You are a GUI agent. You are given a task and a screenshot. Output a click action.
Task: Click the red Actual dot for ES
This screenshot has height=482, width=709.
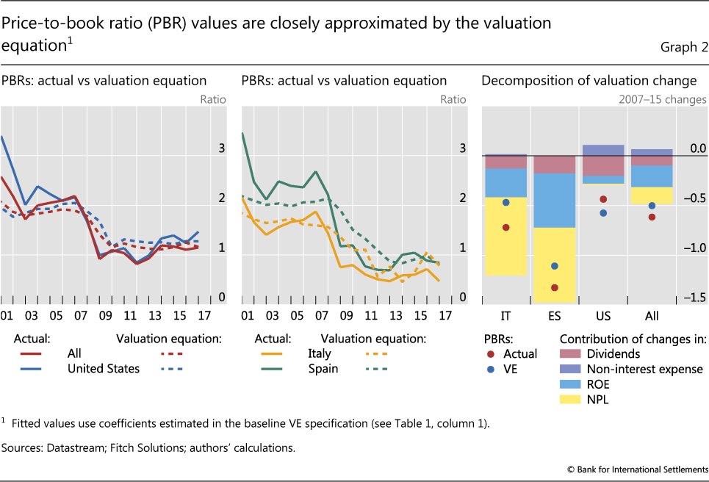pyautogui.click(x=555, y=287)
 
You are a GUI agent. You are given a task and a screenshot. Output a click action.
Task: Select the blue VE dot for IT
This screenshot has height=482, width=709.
pyautogui.click(x=505, y=202)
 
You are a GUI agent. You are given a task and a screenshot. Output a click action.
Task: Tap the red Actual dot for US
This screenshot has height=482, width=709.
pyautogui.click(x=603, y=199)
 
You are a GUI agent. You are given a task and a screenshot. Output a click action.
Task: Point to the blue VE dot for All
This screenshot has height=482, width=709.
pyautogui.click(x=652, y=206)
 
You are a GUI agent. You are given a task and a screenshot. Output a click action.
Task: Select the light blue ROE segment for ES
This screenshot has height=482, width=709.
pyautogui.click(x=555, y=200)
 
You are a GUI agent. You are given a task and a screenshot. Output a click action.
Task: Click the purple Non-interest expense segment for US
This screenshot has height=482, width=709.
pyautogui.click(x=603, y=150)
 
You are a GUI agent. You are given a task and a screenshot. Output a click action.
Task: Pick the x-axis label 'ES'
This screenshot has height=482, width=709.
pyautogui.click(x=555, y=316)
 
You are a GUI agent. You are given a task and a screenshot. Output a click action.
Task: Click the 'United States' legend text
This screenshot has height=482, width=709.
pyautogui.click(x=104, y=368)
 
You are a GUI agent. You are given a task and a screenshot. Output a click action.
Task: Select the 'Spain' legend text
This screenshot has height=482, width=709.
pyautogui.click(x=323, y=368)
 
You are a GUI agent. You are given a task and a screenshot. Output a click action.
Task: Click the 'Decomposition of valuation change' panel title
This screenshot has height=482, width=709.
pyautogui.click(x=589, y=81)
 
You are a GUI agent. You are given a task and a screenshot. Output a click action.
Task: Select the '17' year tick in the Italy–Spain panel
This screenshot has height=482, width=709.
pyautogui.click(x=444, y=316)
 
